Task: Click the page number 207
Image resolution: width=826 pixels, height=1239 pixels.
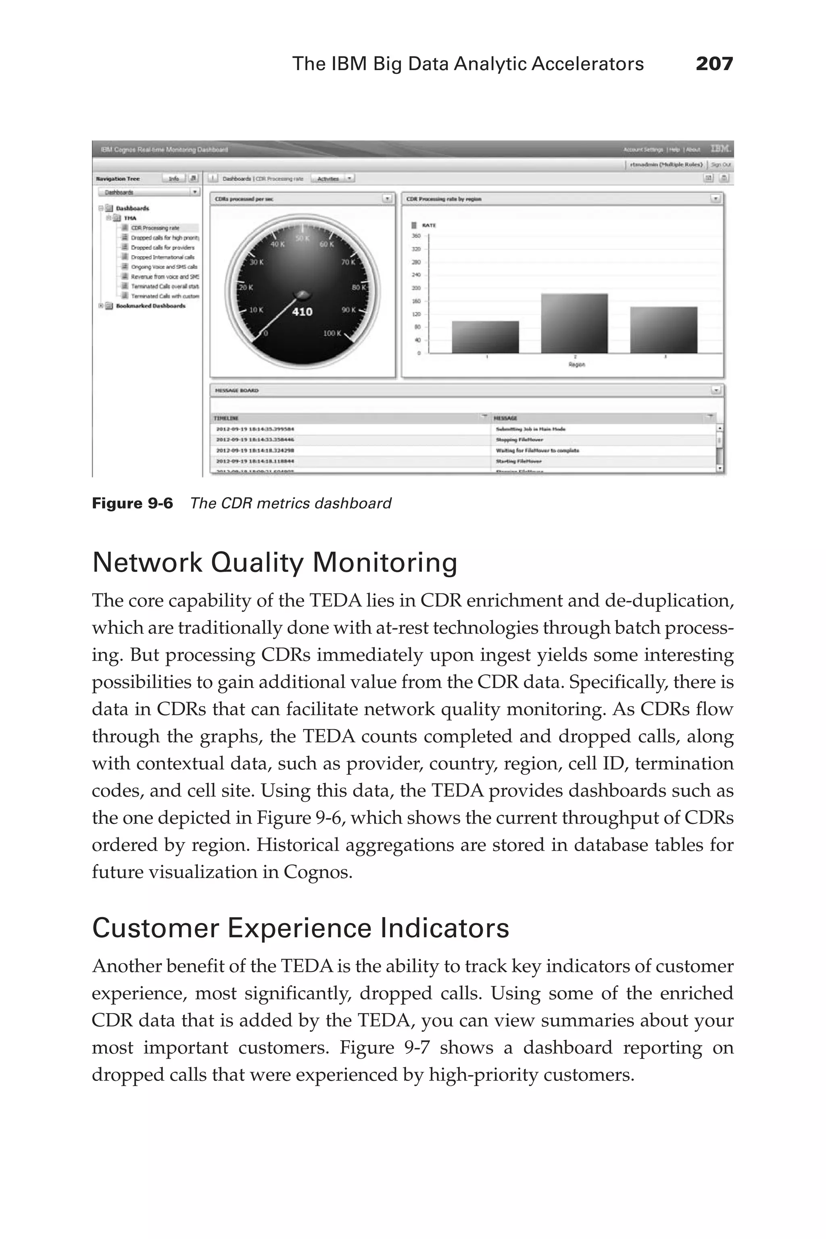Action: pos(714,64)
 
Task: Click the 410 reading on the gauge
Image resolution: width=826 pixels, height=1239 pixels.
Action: pos(302,312)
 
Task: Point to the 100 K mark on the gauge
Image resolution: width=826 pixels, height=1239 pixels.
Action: pos(332,334)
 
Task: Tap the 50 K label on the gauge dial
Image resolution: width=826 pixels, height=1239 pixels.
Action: pos(302,239)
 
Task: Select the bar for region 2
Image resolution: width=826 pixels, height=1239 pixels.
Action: pos(574,323)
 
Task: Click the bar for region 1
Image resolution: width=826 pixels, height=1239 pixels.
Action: pos(485,337)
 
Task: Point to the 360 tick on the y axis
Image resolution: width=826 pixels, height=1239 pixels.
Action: pos(416,236)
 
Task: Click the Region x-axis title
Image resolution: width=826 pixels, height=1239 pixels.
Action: pos(577,365)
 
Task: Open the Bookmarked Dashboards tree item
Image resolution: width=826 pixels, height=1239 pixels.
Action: pos(150,306)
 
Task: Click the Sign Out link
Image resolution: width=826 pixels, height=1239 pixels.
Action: pos(721,165)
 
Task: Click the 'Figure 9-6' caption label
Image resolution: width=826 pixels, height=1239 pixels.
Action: pos(132,504)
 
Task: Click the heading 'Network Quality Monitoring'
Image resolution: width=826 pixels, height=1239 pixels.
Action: pos(274,563)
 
